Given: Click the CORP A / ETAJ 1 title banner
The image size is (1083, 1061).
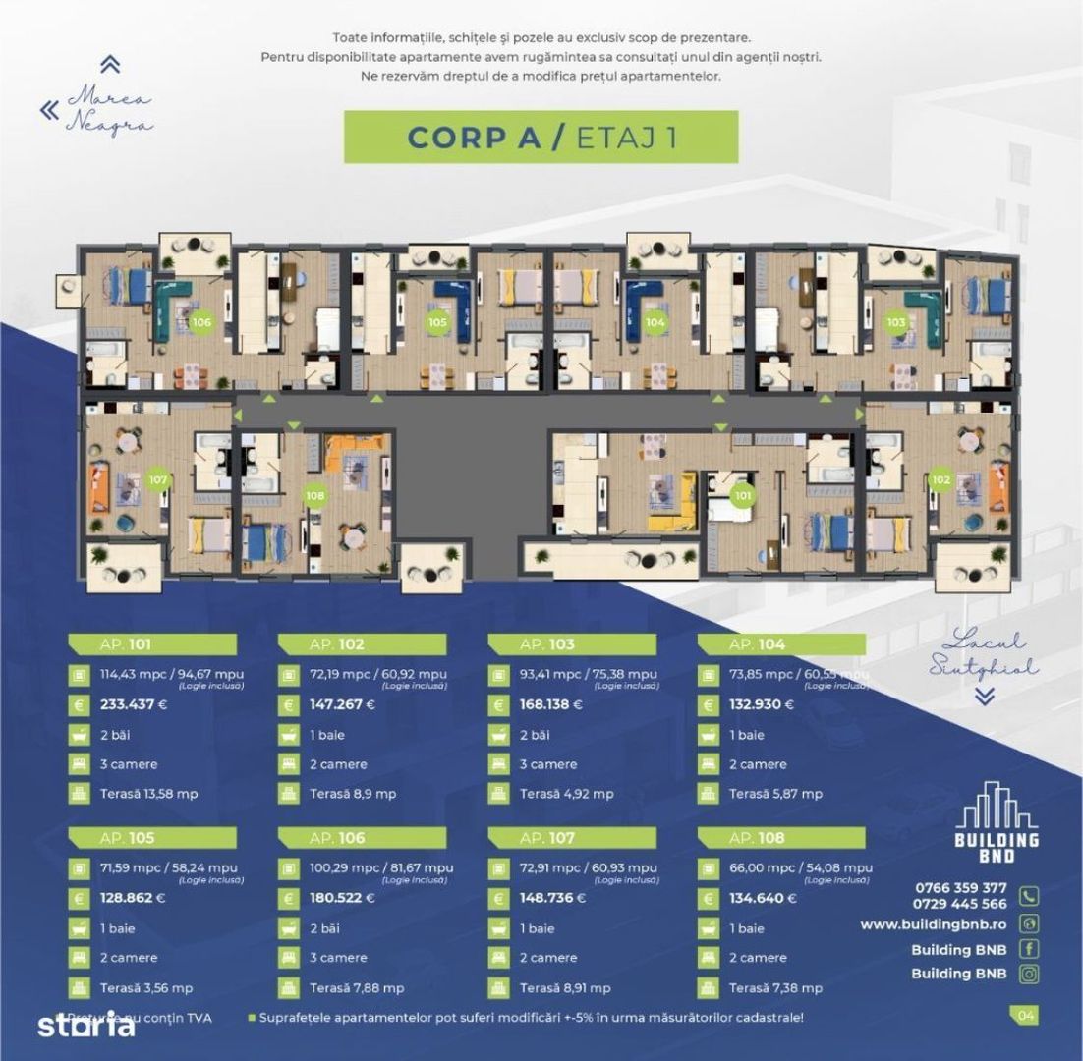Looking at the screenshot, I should [541, 137].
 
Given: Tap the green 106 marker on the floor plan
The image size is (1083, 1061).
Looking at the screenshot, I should [201, 321].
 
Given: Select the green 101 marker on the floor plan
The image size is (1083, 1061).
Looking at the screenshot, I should [743, 495].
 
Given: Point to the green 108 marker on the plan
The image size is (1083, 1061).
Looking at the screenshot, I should [314, 495].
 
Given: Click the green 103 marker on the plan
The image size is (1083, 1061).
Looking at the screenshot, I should [895, 321].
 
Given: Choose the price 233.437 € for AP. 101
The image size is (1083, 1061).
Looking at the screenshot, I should [141, 704].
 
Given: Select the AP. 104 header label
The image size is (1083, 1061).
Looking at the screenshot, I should [755, 645].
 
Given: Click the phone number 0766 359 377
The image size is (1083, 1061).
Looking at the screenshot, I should [959, 888].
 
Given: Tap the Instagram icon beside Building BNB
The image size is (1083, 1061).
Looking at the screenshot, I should [1029, 975].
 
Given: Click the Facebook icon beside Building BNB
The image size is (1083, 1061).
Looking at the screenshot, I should [1029, 949].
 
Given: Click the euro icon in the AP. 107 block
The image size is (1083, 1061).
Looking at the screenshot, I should [497, 898].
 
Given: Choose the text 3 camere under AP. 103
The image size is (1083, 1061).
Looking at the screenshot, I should [548, 764].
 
